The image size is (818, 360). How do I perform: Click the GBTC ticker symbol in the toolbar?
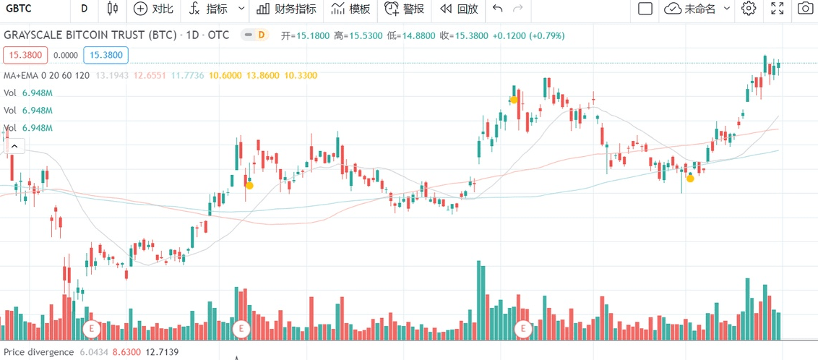18,9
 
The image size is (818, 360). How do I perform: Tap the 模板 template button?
350,9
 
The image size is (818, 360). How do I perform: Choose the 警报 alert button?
404,9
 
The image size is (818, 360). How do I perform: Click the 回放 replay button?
459,9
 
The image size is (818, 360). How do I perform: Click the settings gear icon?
749,9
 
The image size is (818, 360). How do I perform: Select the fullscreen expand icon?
778,9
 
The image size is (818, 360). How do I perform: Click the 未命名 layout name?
699,9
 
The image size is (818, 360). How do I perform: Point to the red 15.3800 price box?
25,55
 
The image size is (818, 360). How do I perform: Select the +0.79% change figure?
547,35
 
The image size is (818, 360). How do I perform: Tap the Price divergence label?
38,352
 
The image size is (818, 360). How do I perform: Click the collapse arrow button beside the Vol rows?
14,147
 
